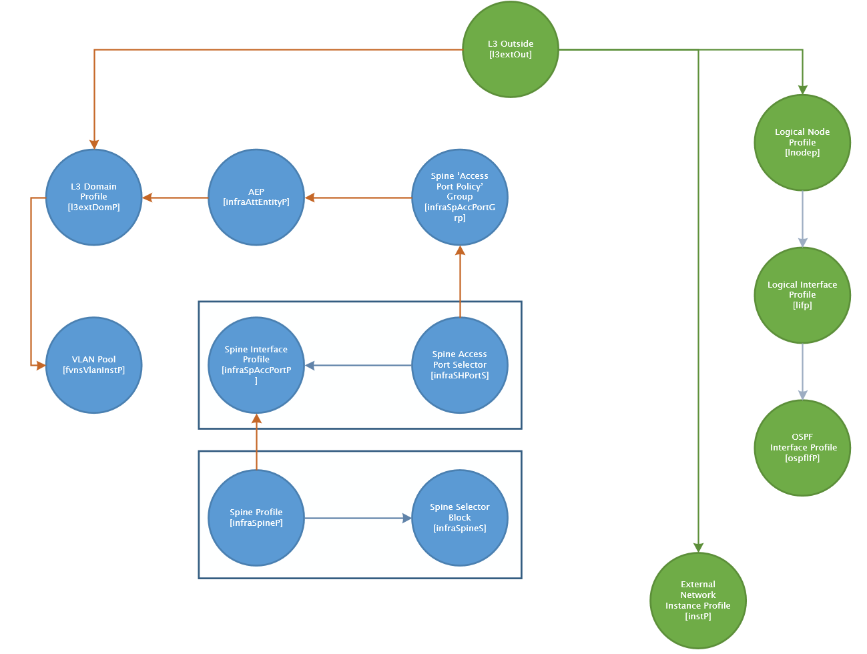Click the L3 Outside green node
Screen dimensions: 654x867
coord(511,49)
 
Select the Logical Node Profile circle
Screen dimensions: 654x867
coord(802,142)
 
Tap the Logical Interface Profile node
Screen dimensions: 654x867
coord(802,295)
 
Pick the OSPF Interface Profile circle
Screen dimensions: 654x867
coord(802,448)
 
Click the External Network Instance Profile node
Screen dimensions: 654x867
coord(698,601)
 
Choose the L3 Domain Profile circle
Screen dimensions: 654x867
coord(94,197)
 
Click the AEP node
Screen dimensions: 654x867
coord(256,197)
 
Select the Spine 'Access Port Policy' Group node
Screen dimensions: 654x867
coord(460,197)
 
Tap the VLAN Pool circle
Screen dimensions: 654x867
coord(94,365)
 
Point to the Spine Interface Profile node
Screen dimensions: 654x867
coord(256,365)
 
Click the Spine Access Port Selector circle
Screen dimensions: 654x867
coord(460,365)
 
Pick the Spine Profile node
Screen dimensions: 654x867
coord(256,518)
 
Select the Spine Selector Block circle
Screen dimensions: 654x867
coord(460,518)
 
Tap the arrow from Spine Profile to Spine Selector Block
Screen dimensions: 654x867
coord(358,518)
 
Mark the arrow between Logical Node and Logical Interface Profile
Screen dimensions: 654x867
coord(802,219)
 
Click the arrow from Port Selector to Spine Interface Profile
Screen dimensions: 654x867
coord(358,365)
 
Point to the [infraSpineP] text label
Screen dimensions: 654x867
coord(256,523)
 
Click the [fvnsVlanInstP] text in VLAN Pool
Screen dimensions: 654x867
coord(94,370)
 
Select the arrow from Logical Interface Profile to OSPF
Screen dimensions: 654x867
coord(802,372)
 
